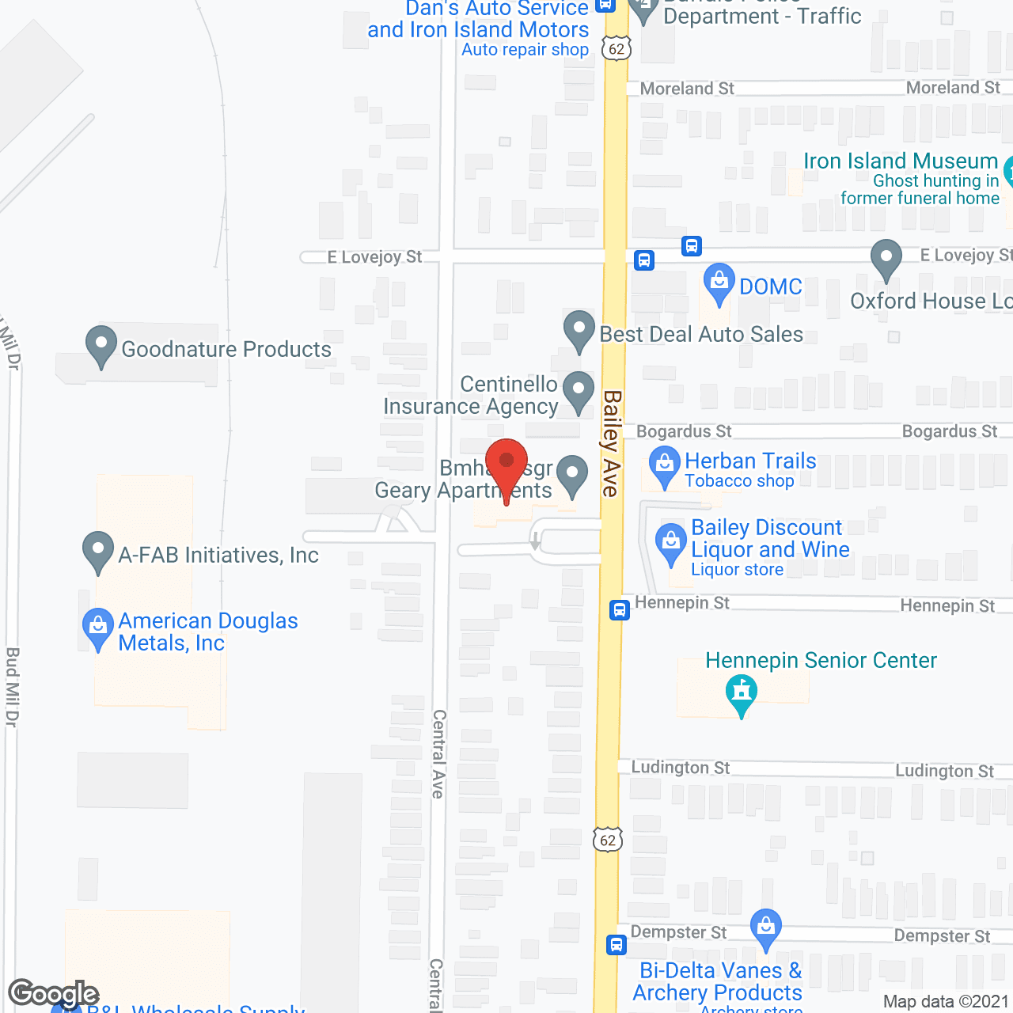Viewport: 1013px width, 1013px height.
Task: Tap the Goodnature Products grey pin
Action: (101, 346)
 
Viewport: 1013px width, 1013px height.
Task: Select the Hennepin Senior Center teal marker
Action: (742, 693)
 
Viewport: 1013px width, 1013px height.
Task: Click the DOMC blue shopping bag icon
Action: (719, 283)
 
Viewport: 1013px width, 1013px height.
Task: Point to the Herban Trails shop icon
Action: (665, 466)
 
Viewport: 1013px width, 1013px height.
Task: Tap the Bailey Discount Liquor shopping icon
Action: (671, 544)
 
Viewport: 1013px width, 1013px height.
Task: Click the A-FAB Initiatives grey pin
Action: (98, 551)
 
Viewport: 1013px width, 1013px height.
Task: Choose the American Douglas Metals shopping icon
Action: (98, 628)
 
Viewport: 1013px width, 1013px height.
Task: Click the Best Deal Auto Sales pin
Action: (579, 331)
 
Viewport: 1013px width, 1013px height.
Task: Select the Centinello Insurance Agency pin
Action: (579, 391)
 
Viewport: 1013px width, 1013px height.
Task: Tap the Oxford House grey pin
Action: (886, 259)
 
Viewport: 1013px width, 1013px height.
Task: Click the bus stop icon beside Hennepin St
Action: (620, 610)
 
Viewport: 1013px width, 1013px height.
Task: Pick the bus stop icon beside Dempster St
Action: (617, 944)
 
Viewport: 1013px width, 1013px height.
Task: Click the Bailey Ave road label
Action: (611, 443)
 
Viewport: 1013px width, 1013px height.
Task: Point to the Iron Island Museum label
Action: (901, 161)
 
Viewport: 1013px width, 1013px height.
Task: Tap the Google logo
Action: (53, 993)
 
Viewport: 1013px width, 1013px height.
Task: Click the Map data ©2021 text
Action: (946, 1001)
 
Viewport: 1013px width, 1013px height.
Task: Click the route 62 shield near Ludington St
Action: (608, 840)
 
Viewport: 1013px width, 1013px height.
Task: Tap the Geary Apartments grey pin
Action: (571, 475)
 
